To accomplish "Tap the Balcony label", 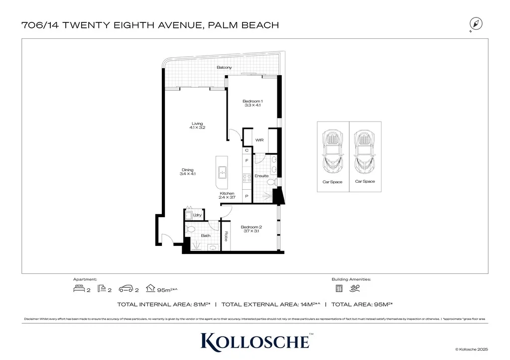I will (224, 68).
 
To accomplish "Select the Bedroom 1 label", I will (253, 101).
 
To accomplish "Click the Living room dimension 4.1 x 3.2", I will (197, 128).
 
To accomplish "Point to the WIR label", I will (259, 140).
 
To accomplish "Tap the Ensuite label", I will (261, 176).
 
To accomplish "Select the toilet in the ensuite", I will (271, 183).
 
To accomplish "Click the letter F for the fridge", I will (246, 160).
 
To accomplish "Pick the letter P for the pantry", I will (246, 197).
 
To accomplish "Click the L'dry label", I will (197, 215).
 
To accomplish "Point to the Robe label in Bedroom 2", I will (226, 236).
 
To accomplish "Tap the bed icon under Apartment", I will (79, 289).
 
